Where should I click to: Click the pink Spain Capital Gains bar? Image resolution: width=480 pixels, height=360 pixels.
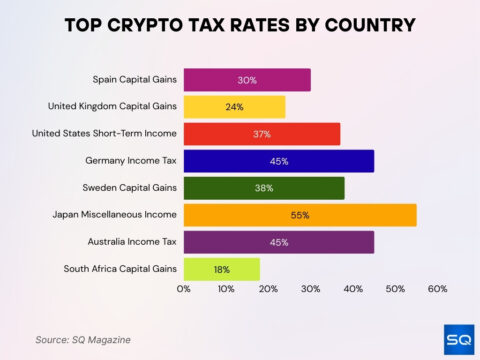247,80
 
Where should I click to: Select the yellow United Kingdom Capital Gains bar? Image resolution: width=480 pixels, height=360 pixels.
234,107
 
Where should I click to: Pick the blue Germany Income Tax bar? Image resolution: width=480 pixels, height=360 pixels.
279,161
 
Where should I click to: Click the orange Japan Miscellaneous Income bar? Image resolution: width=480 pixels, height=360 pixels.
300,215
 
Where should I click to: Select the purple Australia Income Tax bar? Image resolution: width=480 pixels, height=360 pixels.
279,242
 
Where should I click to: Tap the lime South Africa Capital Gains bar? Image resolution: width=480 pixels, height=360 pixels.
222,269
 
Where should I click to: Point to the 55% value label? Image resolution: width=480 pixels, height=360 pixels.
300,215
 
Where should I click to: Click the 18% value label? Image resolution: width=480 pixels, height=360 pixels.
222,269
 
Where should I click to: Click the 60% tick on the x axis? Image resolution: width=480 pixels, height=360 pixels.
437,289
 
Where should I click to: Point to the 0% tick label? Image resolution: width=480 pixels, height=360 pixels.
184,289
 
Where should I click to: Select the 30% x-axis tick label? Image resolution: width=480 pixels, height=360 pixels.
311,289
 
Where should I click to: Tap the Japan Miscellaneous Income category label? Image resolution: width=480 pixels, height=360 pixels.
115,215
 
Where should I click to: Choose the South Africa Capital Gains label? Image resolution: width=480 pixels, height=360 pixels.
120,269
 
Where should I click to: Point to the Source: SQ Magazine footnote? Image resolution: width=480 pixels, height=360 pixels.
82,339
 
